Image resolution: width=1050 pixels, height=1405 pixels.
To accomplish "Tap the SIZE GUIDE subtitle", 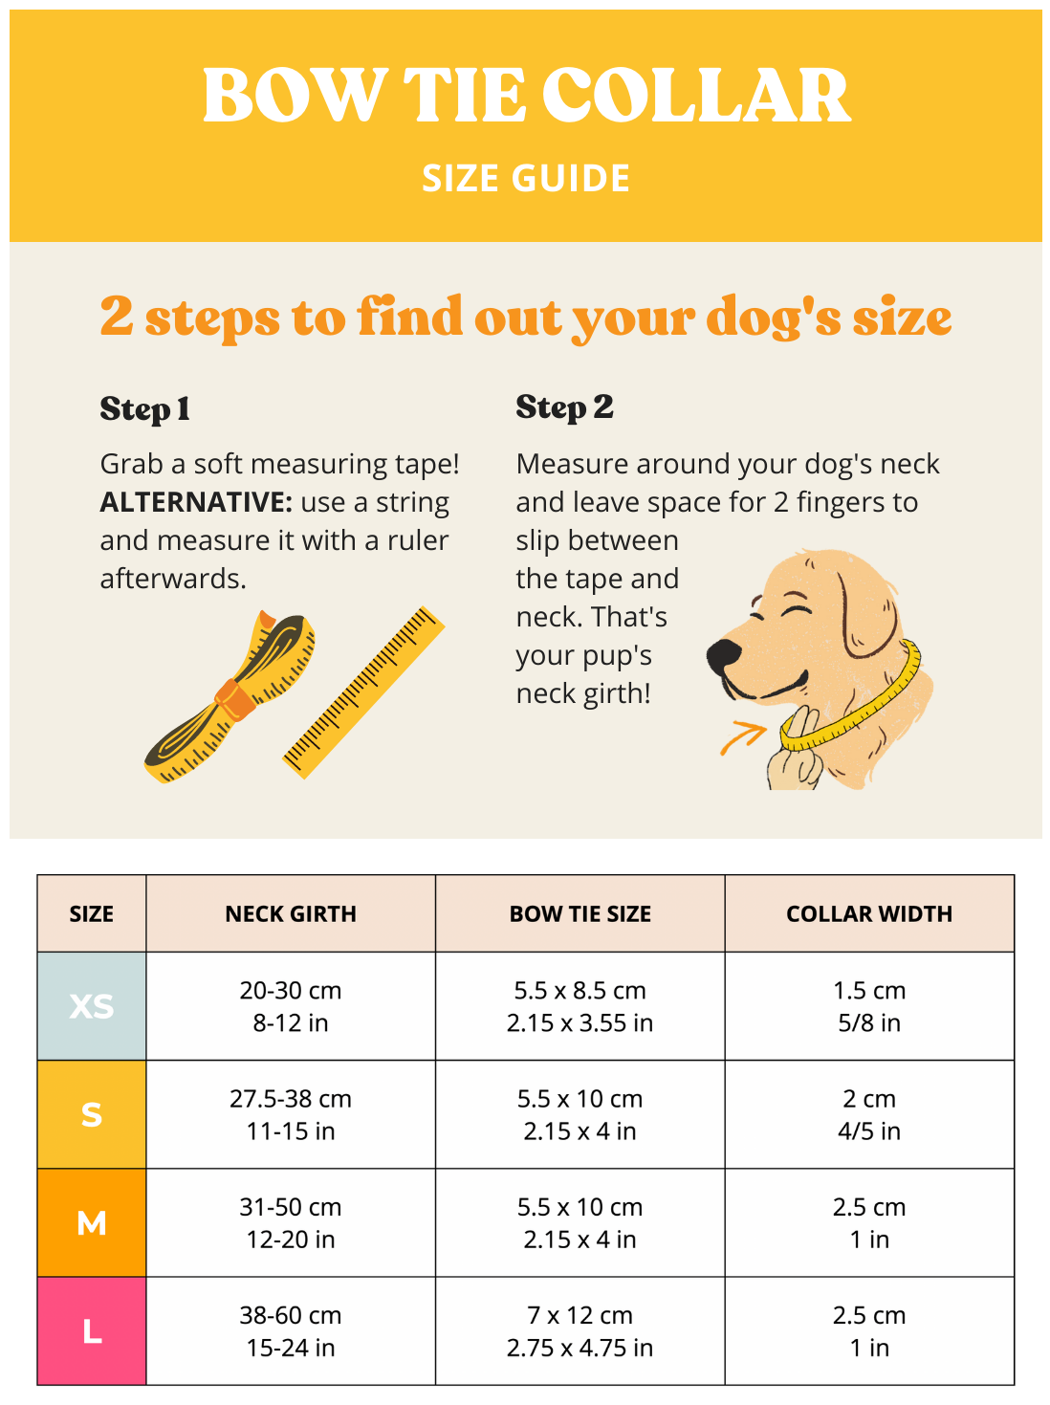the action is (525, 177).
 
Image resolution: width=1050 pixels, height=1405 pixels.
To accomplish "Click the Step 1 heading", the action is (144, 409).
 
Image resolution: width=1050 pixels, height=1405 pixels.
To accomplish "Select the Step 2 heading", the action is (564, 407).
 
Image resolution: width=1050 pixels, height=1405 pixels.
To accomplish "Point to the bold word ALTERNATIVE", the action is (196, 502).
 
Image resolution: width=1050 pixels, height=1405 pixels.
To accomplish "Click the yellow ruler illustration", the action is (363, 692).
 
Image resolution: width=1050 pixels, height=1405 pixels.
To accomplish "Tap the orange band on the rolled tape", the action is (235, 699).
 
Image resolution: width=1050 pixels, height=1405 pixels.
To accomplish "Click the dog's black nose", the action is (724, 655).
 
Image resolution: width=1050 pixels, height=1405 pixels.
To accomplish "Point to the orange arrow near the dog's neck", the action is (743, 736).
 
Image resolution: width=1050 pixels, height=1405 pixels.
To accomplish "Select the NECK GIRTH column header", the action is (291, 912).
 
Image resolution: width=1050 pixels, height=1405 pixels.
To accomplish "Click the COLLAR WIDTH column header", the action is (868, 912).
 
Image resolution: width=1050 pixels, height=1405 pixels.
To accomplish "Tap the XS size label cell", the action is (92, 1005).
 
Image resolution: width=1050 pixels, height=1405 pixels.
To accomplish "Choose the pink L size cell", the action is (92, 1330).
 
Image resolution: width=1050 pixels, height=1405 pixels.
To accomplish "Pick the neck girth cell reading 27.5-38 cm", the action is (291, 1114).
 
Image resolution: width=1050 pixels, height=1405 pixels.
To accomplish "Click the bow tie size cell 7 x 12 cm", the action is (580, 1330).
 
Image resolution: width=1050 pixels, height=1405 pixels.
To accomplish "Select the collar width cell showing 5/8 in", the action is (869, 1005).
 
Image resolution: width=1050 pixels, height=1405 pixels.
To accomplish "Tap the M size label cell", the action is (92, 1222).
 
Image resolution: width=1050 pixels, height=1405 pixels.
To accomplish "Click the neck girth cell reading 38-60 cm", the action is (291, 1330).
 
